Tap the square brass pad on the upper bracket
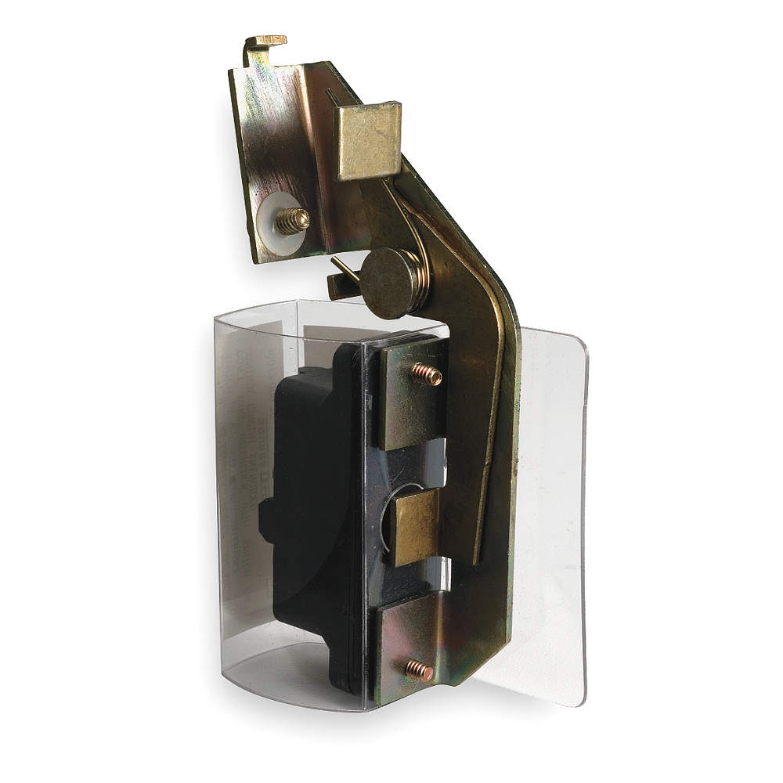pyautogui.click(x=368, y=140)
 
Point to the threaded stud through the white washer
pyautogui.click(x=293, y=221)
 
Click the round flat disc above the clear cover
pyautogui.click(x=391, y=283)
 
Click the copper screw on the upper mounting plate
pyautogui.click(x=428, y=374)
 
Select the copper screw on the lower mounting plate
pyautogui.click(x=420, y=670)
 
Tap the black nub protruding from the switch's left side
pyautogui.click(x=266, y=520)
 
